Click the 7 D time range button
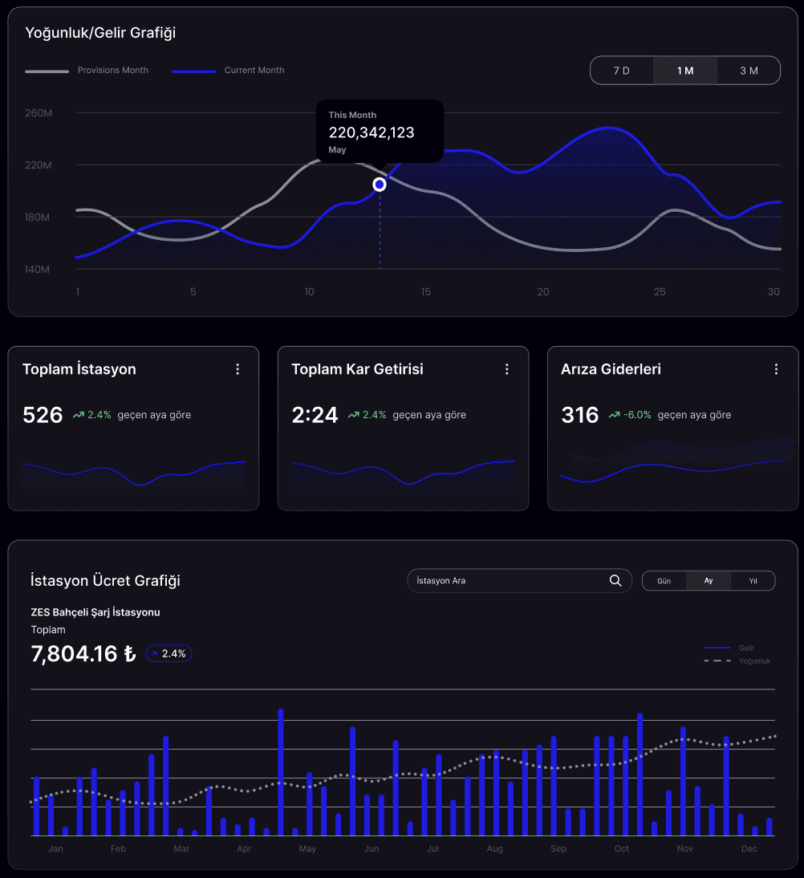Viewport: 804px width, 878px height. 622,71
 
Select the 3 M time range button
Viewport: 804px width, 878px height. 749,71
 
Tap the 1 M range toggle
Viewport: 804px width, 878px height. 685,71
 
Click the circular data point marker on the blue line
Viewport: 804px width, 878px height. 380,185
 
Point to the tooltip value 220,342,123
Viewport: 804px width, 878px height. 372,132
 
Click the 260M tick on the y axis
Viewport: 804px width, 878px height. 39,113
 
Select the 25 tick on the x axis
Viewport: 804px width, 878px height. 660,291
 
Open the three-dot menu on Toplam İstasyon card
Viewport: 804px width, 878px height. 238,369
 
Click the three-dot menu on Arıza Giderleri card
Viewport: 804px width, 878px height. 776,369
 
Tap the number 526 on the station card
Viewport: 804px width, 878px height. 43,415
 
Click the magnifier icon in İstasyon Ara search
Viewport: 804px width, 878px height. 615,580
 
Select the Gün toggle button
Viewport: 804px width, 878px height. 664,580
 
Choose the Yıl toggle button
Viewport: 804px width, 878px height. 753,580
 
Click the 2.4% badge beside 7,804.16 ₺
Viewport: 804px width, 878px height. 169,654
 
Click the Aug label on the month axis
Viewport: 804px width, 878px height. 494,848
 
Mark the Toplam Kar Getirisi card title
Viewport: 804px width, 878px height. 357,369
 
